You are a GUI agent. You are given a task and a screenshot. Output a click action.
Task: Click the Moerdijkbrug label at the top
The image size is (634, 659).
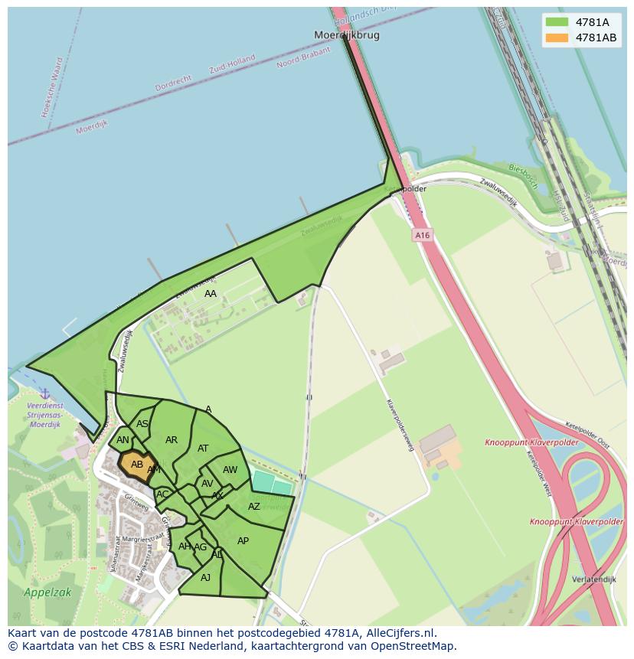pos(347,35)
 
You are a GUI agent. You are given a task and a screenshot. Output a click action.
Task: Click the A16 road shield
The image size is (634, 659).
pos(422,236)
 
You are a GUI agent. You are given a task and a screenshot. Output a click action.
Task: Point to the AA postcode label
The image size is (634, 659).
pos(211,294)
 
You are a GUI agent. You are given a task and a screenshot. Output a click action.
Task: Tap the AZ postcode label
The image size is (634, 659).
pos(254,507)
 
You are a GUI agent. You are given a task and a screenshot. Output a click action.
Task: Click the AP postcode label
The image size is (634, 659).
pos(243,541)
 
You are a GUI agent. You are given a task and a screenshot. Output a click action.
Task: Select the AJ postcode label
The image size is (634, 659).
pos(205,578)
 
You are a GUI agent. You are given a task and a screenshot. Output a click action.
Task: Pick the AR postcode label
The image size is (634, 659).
pos(172,440)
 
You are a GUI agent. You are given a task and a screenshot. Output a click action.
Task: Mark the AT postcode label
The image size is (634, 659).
pos(203,449)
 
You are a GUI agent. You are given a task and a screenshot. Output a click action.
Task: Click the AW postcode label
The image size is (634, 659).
pos(230,470)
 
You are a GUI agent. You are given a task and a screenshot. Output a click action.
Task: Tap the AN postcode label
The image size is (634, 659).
pos(123,440)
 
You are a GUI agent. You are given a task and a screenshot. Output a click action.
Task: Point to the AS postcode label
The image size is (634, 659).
pos(142,424)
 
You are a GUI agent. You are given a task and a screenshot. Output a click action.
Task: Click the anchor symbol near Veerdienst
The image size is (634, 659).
pos(44,393)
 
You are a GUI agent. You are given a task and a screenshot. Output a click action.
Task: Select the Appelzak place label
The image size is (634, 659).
pos(37,592)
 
